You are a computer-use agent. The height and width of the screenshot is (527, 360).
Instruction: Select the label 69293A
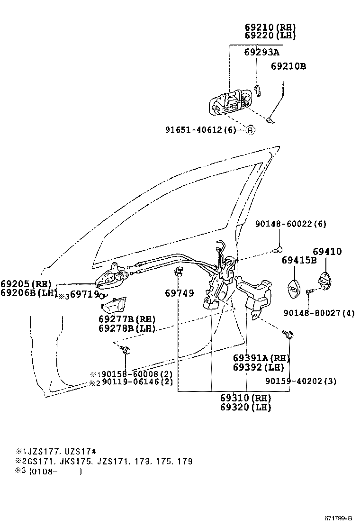click(x=261, y=52)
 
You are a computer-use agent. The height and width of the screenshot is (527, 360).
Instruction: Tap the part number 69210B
click(x=288, y=66)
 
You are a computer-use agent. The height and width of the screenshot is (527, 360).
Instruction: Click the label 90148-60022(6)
click(x=290, y=224)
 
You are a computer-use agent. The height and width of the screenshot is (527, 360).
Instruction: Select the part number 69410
click(x=327, y=251)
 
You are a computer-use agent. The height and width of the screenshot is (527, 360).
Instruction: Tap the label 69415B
click(x=299, y=260)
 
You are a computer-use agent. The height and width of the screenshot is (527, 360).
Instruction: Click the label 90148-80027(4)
click(x=319, y=313)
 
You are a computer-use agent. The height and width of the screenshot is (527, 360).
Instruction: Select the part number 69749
click(x=179, y=293)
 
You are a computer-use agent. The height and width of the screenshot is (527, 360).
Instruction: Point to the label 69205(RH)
click(x=26, y=284)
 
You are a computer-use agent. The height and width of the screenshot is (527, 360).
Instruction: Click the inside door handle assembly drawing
click(x=112, y=277)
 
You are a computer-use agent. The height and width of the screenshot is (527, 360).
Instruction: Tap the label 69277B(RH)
click(x=126, y=319)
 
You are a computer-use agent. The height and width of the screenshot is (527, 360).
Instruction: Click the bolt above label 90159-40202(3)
click(x=289, y=335)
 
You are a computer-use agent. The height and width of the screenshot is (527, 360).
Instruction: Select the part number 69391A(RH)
click(x=261, y=358)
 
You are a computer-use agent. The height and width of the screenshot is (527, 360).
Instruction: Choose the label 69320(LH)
click(x=245, y=407)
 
